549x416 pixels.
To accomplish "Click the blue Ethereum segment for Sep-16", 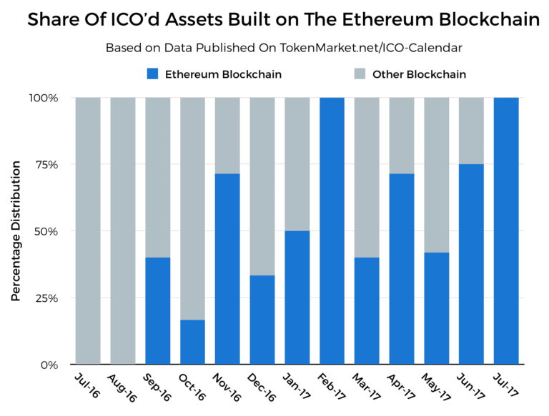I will [158, 310].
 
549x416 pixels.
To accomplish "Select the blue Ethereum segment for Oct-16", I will [193, 342].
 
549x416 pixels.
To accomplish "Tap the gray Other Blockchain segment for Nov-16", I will [227, 135].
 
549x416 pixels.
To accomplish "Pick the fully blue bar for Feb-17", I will [332, 230].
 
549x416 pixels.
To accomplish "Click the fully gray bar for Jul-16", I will [88, 230].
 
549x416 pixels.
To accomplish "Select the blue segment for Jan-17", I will [297, 298].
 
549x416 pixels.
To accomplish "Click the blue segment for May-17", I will [437, 308].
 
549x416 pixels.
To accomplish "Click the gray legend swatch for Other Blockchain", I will [360, 73].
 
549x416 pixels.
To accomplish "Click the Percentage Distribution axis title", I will [15, 230].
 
